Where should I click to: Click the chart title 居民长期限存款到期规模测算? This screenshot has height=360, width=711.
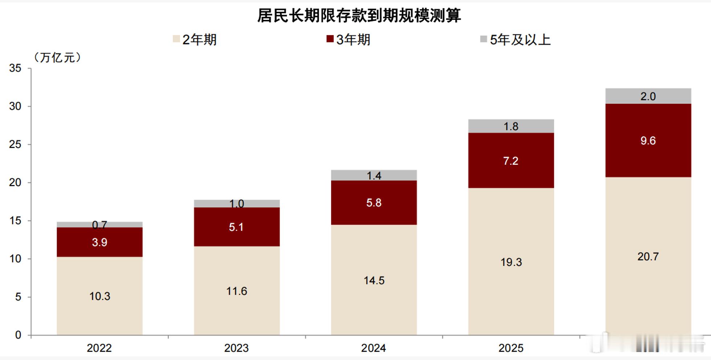[359, 16]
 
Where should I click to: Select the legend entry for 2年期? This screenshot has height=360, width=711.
[195, 40]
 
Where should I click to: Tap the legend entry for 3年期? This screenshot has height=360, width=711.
[349, 40]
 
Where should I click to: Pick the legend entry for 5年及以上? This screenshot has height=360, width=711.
[516, 40]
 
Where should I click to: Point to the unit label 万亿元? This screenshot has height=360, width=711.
[57, 57]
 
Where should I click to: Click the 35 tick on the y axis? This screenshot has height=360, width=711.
[15, 68]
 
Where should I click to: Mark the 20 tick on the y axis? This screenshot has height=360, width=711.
[15, 183]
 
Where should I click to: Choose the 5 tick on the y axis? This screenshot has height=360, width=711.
[18, 297]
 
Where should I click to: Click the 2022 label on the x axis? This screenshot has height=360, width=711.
[99, 348]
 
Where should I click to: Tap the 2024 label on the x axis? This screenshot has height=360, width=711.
[373, 348]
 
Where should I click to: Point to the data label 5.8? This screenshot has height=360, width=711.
[374, 202]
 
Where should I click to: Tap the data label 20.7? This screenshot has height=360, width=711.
[648, 257]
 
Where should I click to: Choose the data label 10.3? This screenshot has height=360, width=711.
[99, 296]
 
